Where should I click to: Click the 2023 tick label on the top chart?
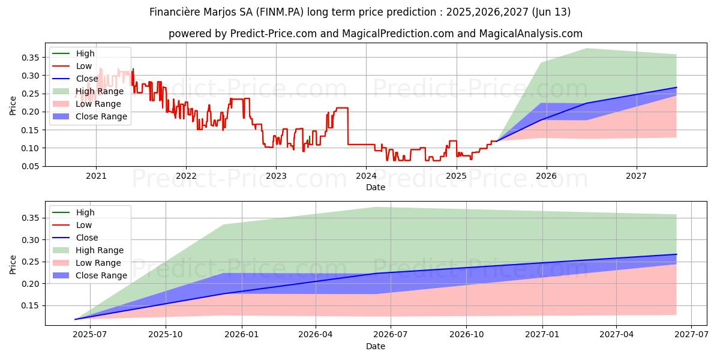(276, 176)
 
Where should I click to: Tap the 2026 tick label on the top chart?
(546, 176)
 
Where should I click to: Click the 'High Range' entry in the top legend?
(100, 91)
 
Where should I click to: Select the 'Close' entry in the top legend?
(87, 79)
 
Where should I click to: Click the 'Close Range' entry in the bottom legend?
(101, 275)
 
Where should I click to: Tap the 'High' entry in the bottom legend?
(85, 212)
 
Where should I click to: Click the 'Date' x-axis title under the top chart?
(376, 187)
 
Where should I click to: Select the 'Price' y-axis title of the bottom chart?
(13, 264)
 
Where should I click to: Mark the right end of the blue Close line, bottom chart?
(676, 254)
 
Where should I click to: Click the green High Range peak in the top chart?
(586, 49)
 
